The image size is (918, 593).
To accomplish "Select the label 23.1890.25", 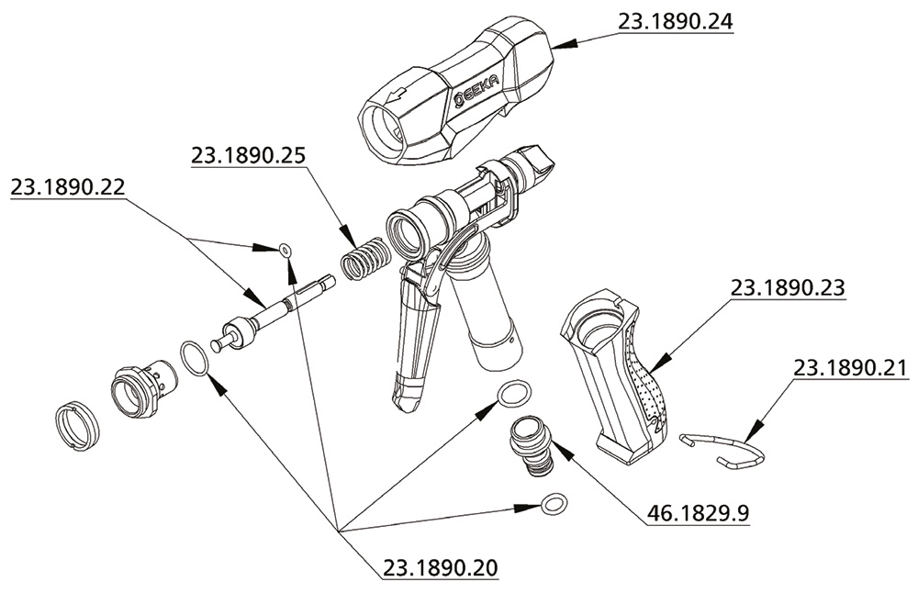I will pyautogui.click(x=249, y=156).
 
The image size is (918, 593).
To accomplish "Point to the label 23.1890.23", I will pyautogui.click(x=787, y=288).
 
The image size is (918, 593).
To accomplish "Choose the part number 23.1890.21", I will pyautogui.click(x=850, y=368).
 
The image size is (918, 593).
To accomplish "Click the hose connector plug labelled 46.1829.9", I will pyautogui.click(x=532, y=442).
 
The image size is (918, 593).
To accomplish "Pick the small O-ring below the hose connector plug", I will pyautogui.click(x=554, y=504).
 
